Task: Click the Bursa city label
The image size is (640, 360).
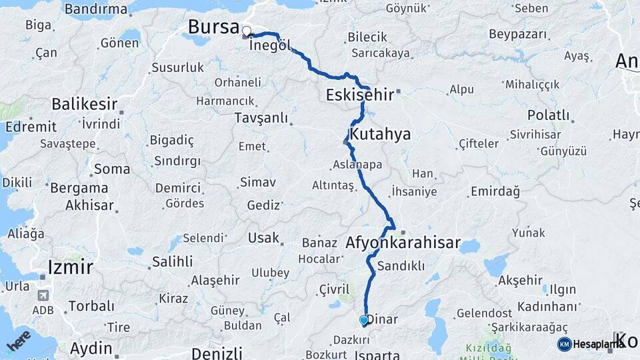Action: pyautogui.click(x=213, y=27)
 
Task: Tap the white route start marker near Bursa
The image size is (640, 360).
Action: pyautogui.click(x=247, y=31)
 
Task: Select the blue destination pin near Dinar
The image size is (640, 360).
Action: pyautogui.click(x=363, y=321)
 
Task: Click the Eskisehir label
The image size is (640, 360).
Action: pyautogui.click(x=360, y=95)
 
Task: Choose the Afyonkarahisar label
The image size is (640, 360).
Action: pyautogui.click(x=403, y=243)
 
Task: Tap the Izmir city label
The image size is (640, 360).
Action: pyautogui.click(x=70, y=267)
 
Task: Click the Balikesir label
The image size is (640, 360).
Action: pyautogui.click(x=85, y=105)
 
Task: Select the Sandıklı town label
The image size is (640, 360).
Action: pyautogui.click(x=401, y=266)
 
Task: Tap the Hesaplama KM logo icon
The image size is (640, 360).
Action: pyautogui.click(x=564, y=344)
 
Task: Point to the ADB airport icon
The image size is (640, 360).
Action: pyautogui.click(x=44, y=295)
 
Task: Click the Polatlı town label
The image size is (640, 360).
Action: pyautogui.click(x=548, y=115)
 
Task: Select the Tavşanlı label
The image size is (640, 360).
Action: pyautogui.click(x=261, y=118)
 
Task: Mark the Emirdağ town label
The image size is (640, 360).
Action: pyautogui.click(x=495, y=191)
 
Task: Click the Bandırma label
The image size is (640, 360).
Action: pyautogui.click(x=97, y=9)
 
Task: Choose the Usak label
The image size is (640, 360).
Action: pyautogui.click(x=263, y=238)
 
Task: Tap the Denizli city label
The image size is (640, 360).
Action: pyautogui.click(x=216, y=353)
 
